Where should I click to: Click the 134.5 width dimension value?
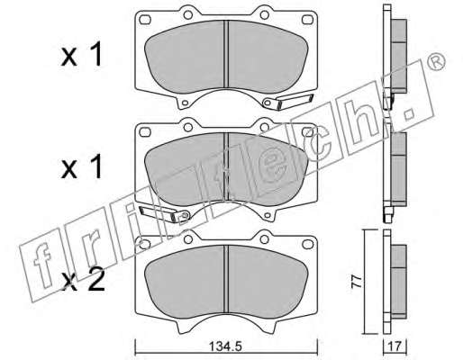tap(225, 347)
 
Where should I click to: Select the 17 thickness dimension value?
tap(395, 347)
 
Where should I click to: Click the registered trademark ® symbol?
tap(436, 61)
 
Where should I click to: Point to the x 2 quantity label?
tap(83, 281)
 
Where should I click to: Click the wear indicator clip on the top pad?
tap(287, 102)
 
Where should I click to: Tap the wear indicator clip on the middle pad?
tap(165, 214)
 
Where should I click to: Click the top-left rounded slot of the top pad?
tap(145, 20)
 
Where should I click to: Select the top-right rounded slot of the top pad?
tap(307, 20)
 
